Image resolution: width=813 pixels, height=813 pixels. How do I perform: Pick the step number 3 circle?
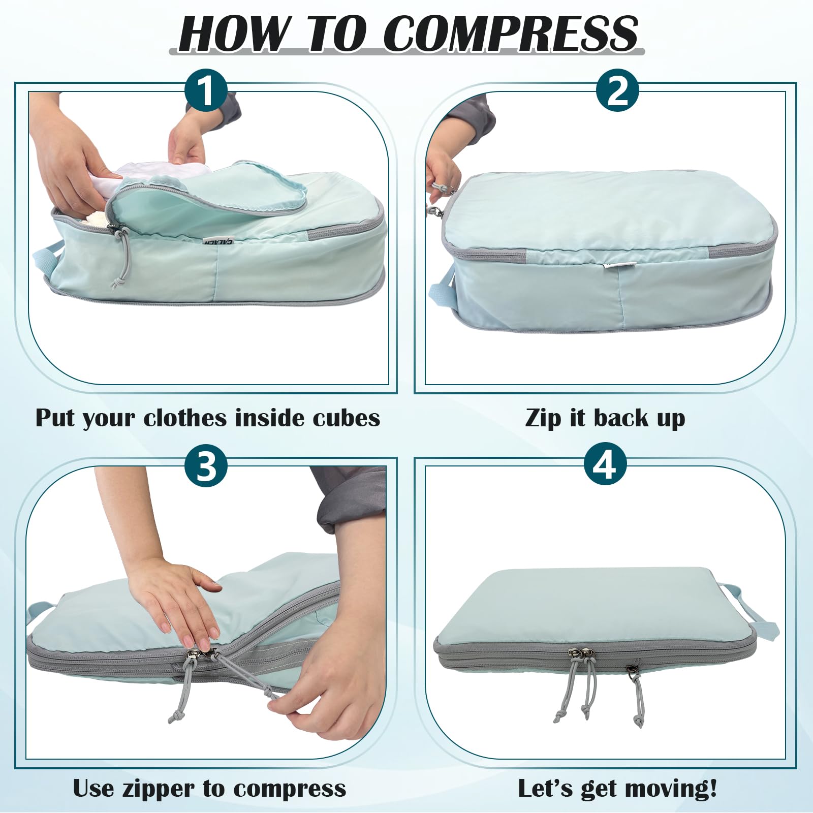pos(206,465)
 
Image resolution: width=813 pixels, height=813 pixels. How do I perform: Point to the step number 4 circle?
pos(605,465)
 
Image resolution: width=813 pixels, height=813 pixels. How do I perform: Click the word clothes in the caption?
pos(185,418)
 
